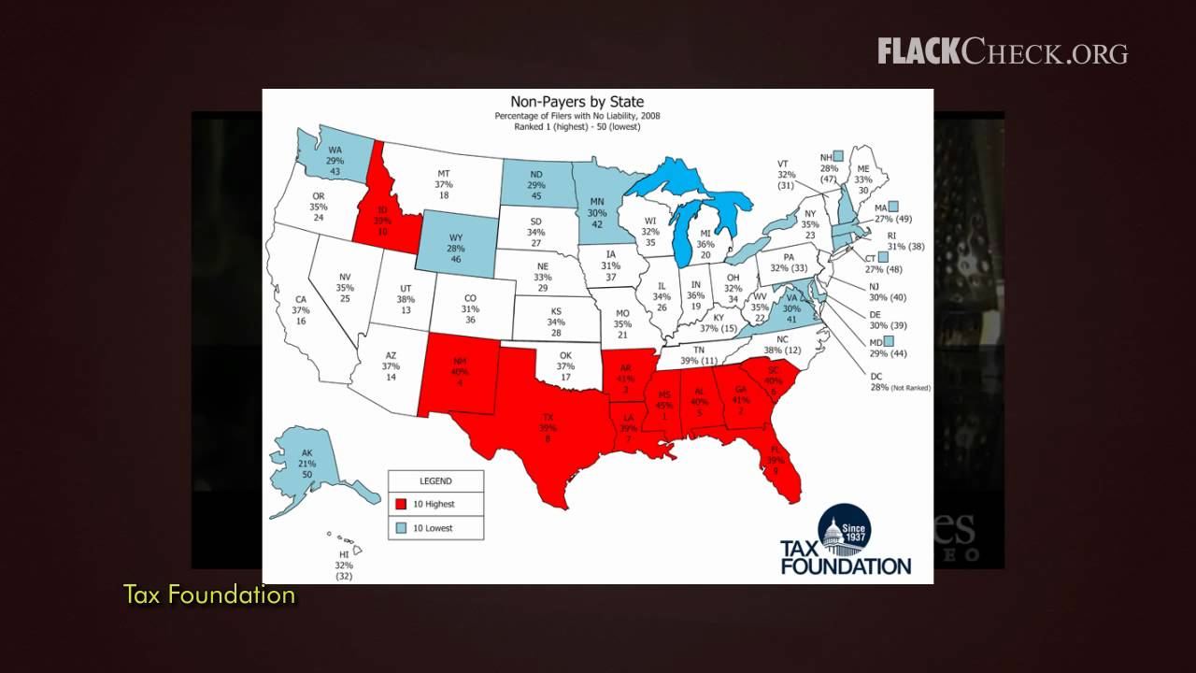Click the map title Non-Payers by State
click(577, 102)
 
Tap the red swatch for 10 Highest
click(401, 504)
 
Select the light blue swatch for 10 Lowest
click(401, 528)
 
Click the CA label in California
click(301, 300)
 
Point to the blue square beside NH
click(838, 155)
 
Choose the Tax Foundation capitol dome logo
click(844, 530)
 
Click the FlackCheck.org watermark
click(1002, 52)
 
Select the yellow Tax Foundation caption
click(209, 594)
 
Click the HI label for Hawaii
click(344, 554)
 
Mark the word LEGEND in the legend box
click(435, 481)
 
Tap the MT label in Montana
click(444, 174)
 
